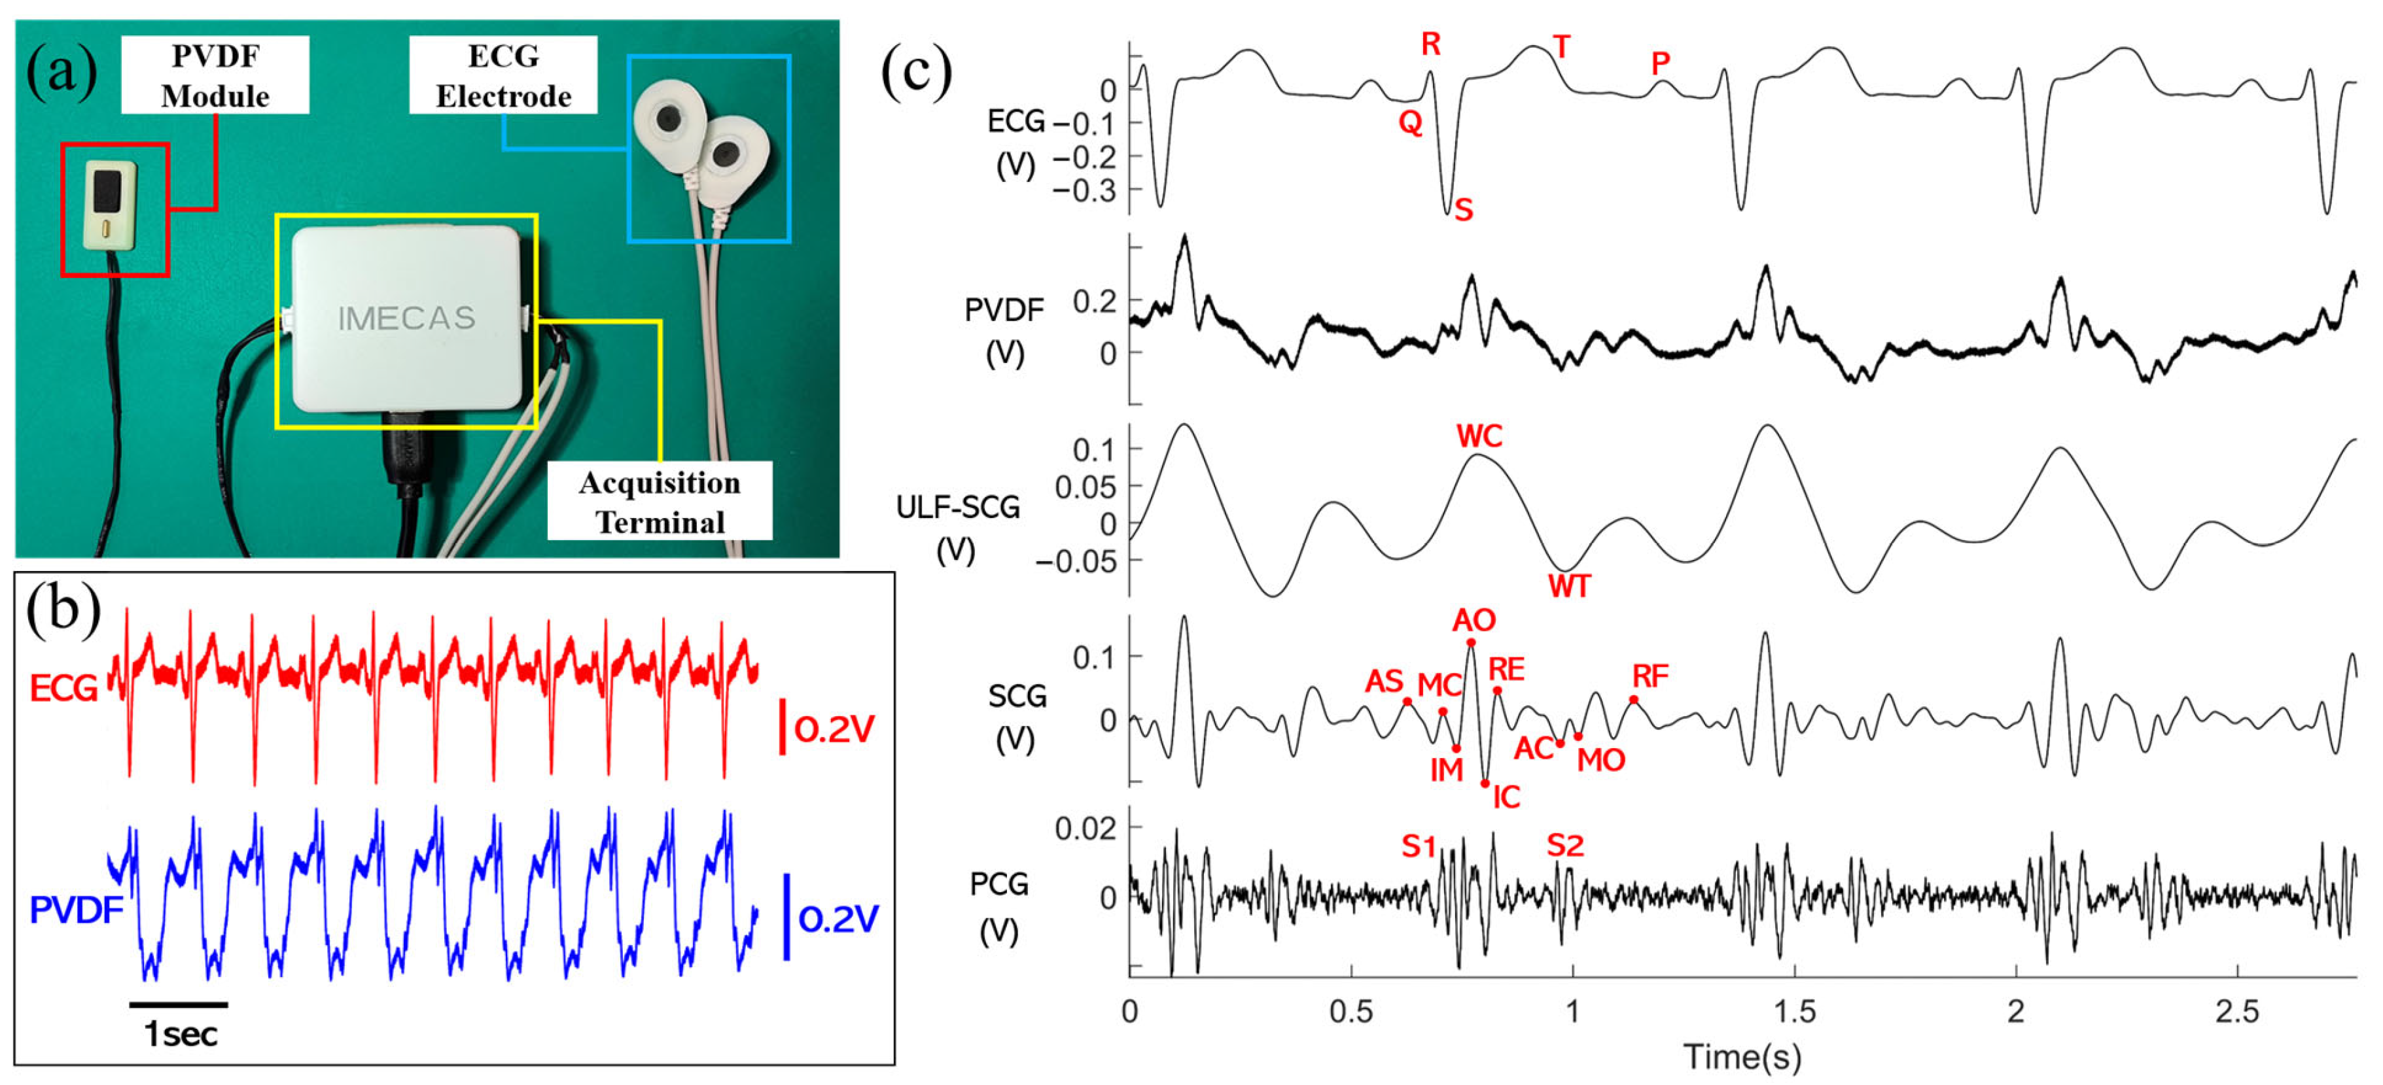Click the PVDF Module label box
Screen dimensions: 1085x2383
(215, 75)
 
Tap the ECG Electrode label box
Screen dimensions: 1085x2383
(503, 75)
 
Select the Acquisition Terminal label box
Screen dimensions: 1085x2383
(660, 502)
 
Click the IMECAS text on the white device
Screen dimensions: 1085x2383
(407, 319)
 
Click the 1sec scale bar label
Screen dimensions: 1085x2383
(181, 1034)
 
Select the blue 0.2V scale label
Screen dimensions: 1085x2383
(838, 918)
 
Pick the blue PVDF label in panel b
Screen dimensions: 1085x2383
(76, 910)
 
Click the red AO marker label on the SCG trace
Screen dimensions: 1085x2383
(1474, 619)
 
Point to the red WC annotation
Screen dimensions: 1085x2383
(1479, 437)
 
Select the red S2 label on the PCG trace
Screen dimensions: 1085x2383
(1565, 844)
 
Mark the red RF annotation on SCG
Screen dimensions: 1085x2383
(1650, 676)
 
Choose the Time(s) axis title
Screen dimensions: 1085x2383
(1742, 1056)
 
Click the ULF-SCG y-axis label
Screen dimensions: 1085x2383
(957, 507)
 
